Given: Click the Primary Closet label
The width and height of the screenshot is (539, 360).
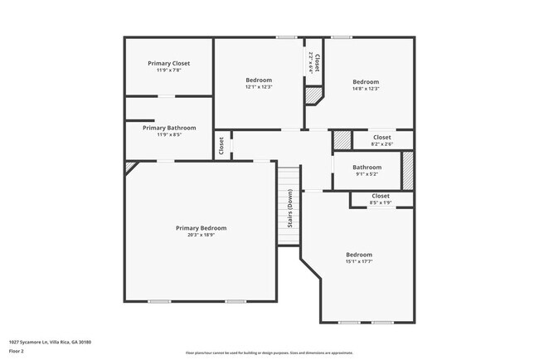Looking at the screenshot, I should (169, 63).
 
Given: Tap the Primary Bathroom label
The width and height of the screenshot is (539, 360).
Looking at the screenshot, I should (169, 128).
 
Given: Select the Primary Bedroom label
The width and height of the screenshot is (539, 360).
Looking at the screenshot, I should (201, 228).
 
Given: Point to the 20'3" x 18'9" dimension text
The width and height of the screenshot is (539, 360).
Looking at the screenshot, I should (201, 235).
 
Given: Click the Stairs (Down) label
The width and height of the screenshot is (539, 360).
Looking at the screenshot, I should (290, 209).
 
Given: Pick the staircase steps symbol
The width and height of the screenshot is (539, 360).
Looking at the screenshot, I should (288, 204).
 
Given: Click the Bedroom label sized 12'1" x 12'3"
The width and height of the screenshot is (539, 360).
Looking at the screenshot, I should (259, 80).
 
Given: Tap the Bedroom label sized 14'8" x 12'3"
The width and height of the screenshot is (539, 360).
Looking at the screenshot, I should (366, 81).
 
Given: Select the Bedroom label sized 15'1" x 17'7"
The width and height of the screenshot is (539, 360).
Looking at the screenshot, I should (359, 255).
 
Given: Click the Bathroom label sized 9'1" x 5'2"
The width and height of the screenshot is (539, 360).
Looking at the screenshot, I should (367, 167).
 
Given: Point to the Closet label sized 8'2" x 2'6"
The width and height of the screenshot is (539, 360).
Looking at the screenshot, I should (381, 137).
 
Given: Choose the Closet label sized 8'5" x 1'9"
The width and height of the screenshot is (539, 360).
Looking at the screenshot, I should (381, 196).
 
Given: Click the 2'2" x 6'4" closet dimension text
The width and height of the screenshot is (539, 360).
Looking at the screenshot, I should (310, 64).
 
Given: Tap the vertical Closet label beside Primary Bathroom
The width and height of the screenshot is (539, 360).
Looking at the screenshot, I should (222, 145).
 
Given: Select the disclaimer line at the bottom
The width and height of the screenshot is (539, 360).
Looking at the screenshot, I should (269, 353).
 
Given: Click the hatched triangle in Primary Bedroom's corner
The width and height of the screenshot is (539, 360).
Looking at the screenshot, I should (129, 166).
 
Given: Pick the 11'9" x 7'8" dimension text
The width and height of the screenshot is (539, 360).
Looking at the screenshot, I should (169, 71).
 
